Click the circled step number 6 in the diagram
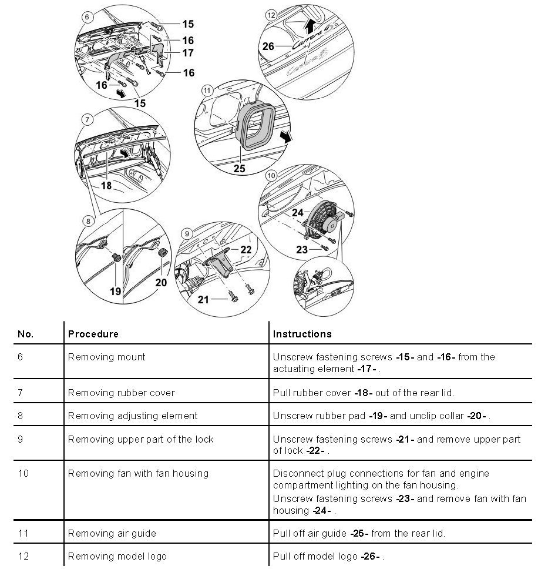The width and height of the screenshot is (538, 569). coord(87,17)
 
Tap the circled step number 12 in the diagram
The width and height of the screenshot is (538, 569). coord(270,15)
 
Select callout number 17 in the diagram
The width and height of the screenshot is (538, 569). coord(187,53)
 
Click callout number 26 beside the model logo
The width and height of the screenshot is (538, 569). coord(268,46)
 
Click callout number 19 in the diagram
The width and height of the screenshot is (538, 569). coord(115,290)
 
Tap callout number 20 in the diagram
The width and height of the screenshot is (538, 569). coord(161,282)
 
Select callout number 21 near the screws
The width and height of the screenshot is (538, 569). coord(203,300)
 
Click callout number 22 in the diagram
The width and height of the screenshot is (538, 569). coord(246,250)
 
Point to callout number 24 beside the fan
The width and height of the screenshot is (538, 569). coord(298,213)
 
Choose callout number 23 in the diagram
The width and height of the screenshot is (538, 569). coord(302,250)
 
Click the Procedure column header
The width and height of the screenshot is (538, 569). coord(93,334)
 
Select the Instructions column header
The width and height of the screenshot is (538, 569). coord(302,334)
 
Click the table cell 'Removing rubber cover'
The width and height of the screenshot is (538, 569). coord(121,392)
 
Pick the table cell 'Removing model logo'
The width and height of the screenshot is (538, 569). coord(117,556)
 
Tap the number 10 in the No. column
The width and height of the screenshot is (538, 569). coord(23,473)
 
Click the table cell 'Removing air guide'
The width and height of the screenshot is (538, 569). coord(112,533)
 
